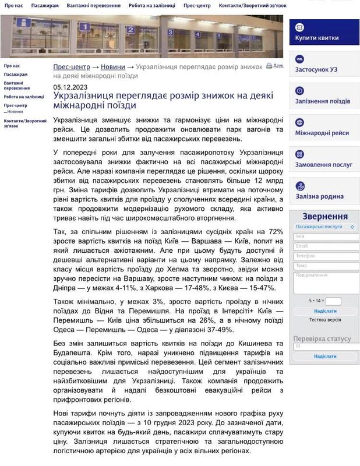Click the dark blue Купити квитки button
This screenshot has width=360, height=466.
point(324,33)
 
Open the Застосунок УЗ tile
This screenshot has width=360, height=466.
point(324,64)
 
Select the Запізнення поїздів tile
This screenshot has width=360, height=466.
point(324,96)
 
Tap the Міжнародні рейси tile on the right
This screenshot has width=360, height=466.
point(324,128)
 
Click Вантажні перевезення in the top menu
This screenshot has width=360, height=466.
point(94,5)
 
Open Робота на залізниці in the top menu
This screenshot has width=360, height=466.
point(151,5)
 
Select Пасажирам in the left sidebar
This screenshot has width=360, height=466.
point(16,75)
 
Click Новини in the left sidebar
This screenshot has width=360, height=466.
point(16,111)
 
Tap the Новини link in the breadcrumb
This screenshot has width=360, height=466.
point(112,67)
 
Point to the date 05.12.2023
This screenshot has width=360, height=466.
point(70,87)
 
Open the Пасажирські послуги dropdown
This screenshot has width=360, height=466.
point(324,226)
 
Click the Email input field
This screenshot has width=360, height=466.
point(326,246)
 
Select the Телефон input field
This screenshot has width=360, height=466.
point(326,256)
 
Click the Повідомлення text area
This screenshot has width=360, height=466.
point(326,283)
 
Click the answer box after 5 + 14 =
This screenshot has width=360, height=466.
point(333,301)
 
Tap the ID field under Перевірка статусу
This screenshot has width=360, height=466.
point(326,347)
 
